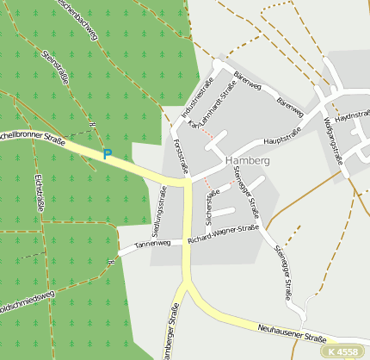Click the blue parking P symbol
(x=108, y=155)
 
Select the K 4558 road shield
(x=343, y=351)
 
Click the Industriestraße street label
(x=197, y=101)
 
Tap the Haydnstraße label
(x=353, y=115)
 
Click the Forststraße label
(x=180, y=154)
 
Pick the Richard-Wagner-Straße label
(x=223, y=233)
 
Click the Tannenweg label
(x=152, y=245)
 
